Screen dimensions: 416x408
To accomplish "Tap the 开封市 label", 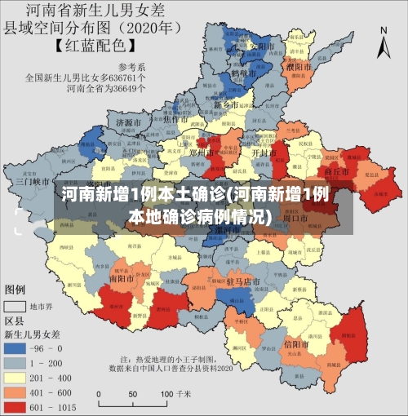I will [x=261, y=153].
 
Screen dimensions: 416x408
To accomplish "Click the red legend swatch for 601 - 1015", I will [x=16, y=407].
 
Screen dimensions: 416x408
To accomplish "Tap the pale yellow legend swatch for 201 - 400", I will [x=16, y=378].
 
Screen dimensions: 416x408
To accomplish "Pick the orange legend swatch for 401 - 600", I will [x=16, y=392].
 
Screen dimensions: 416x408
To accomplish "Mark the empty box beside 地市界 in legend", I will [x=16, y=307].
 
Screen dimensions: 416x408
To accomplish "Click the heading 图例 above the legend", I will [x=16, y=290].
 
